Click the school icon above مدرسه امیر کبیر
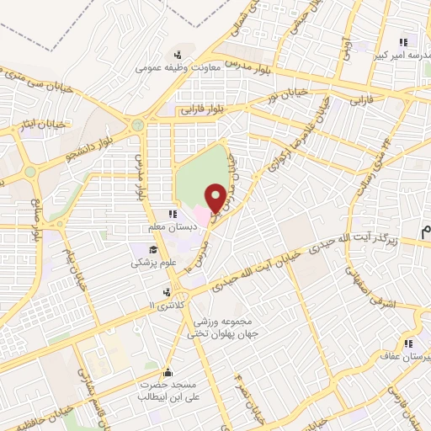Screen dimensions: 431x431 pyautogui.click(x=404, y=41)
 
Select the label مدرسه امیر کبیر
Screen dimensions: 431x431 pyautogui.click(x=404, y=56)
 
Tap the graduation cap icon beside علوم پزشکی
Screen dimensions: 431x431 pyautogui.click(x=152, y=249)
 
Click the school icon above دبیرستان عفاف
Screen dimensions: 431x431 pyautogui.click(x=408, y=343)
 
